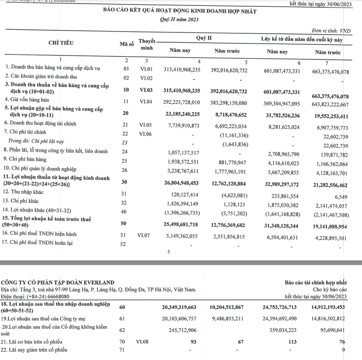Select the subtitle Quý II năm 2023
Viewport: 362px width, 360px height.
point(179,20)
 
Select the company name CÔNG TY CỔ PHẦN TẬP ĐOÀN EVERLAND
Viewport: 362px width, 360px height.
point(55,282)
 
